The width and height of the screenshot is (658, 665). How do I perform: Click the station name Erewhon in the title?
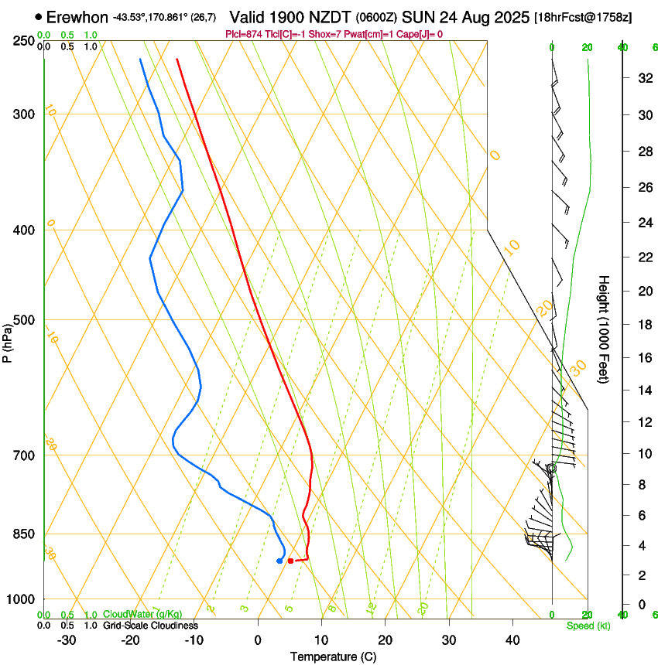click(x=77, y=16)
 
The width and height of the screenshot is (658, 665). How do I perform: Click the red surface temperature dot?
click(x=290, y=561)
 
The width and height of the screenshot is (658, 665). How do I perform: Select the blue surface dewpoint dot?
click(x=279, y=561)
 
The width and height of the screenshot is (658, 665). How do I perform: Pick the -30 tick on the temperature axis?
click(x=67, y=640)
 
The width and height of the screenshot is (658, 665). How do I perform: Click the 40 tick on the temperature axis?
click(x=512, y=640)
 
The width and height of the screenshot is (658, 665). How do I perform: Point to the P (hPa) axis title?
click(x=8, y=341)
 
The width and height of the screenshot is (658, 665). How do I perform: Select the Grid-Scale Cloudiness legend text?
click(x=150, y=625)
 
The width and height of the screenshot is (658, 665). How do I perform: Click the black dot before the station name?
click(x=39, y=16)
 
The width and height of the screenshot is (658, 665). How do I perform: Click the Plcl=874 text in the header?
click(x=242, y=34)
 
